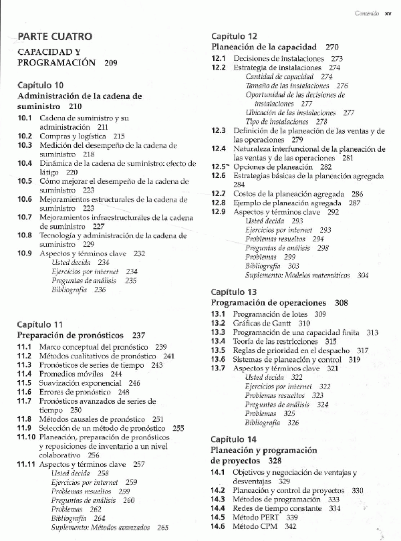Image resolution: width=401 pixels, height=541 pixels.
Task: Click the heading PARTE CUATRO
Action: click(x=55, y=37)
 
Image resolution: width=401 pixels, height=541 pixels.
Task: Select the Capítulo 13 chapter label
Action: click(x=234, y=292)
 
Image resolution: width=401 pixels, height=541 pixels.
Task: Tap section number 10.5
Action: click(x=25, y=181)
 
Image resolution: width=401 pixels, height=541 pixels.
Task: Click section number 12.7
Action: click(x=219, y=193)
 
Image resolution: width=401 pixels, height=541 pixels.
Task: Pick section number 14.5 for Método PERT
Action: click(x=219, y=518)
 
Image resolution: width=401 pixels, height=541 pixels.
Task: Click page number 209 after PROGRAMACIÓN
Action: click(x=111, y=63)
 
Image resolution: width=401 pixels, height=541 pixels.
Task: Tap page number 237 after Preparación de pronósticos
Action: click(x=139, y=335)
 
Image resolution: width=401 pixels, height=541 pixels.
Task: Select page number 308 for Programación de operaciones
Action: click(x=342, y=303)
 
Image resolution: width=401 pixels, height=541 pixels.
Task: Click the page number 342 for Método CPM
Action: click(x=290, y=527)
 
